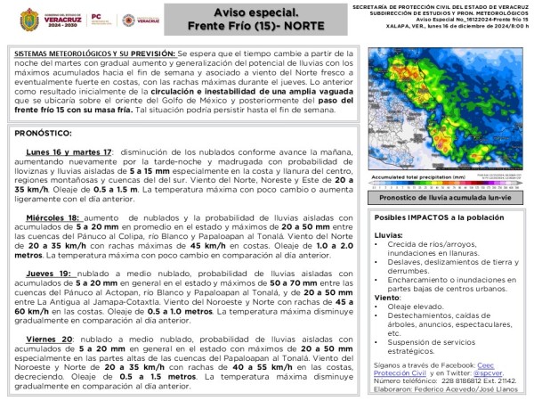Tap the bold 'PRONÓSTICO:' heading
coord(43,133)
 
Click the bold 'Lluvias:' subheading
coord(388,235)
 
